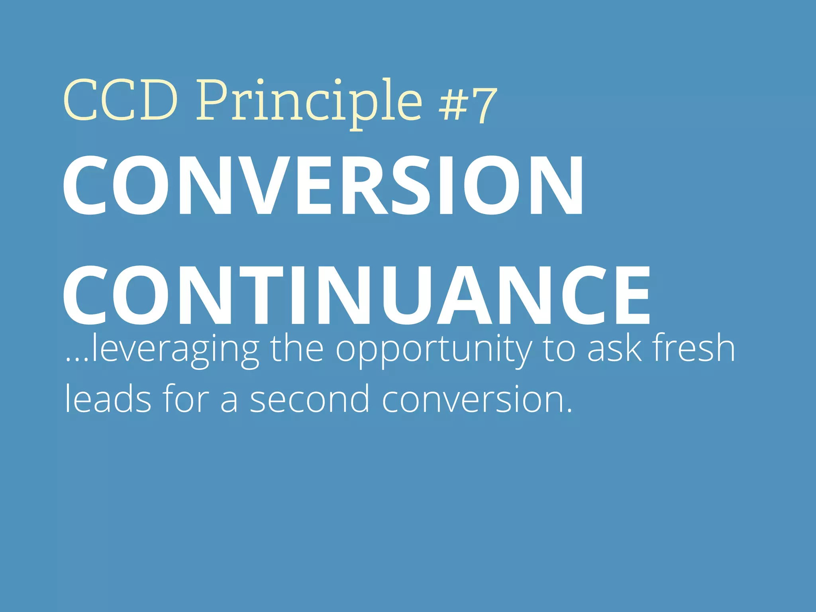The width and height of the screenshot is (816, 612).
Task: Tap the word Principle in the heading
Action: tap(309, 102)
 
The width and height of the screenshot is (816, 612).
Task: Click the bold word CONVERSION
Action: tap(323, 185)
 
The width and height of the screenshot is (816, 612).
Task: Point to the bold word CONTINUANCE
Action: tap(357, 295)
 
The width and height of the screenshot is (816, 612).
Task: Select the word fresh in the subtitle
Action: tap(693, 348)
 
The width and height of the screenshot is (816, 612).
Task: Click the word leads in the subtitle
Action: tap(108, 398)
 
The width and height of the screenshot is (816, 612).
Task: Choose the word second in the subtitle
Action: tap(310, 398)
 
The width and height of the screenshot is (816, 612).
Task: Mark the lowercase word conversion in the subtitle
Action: tap(476, 398)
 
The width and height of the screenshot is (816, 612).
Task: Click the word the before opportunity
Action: tap(297, 349)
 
